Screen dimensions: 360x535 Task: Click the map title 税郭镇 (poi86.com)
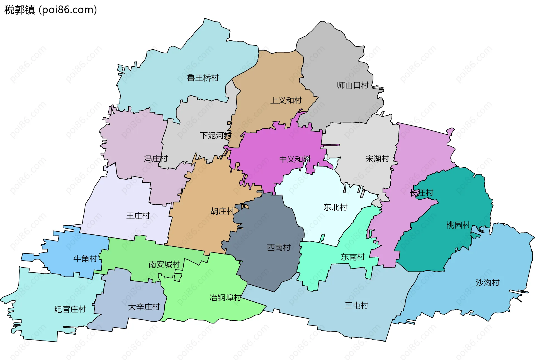click(50, 10)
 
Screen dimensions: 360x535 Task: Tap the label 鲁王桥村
click(203, 78)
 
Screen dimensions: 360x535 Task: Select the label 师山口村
click(353, 85)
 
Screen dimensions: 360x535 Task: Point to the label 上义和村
click(286, 100)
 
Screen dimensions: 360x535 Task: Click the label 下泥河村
click(216, 136)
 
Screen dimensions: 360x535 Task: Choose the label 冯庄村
click(156, 159)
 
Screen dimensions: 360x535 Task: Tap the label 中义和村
click(295, 159)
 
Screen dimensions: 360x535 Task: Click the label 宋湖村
click(377, 159)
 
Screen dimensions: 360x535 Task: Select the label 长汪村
click(421, 193)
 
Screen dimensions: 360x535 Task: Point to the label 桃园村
click(458, 225)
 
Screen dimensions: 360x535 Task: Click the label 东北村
click(335, 207)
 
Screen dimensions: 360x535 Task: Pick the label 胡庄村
click(222, 211)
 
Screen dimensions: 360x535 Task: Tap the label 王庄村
click(138, 216)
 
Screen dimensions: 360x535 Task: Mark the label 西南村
click(279, 247)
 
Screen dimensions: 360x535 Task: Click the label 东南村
click(353, 257)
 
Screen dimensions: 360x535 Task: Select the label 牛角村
click(85, 259)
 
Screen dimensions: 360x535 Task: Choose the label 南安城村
click(164, 264)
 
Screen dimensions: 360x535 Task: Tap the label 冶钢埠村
click(225, 298)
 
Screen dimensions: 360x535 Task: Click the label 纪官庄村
click(70, 309)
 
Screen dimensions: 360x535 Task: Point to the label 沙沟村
click(487, 283)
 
